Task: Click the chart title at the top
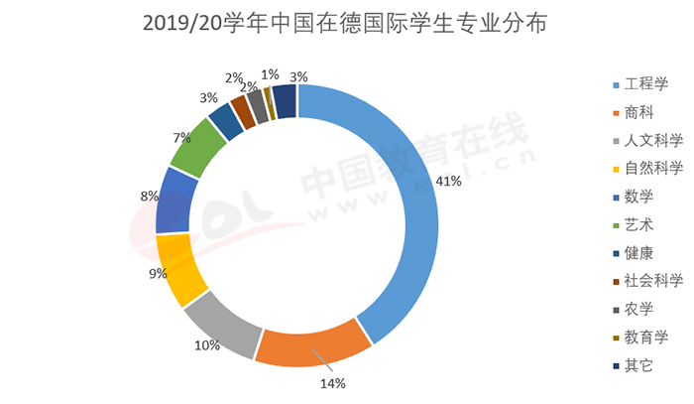(348, 22)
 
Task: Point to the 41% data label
(450, 181)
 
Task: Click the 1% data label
(269, 73)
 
